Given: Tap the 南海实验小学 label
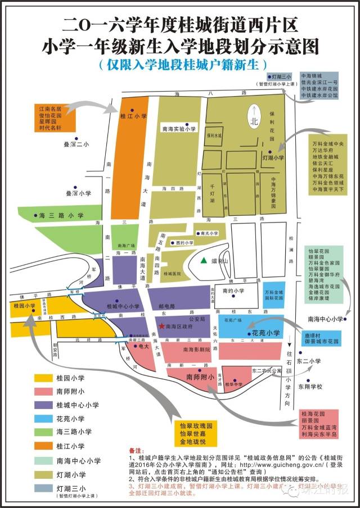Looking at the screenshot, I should click(178, 129).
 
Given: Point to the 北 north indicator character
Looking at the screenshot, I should click(254, 119).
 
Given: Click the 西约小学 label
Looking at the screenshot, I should click(185, 243).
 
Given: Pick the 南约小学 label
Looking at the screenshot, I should click(233, 290).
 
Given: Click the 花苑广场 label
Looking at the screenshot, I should click(233, 319).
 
